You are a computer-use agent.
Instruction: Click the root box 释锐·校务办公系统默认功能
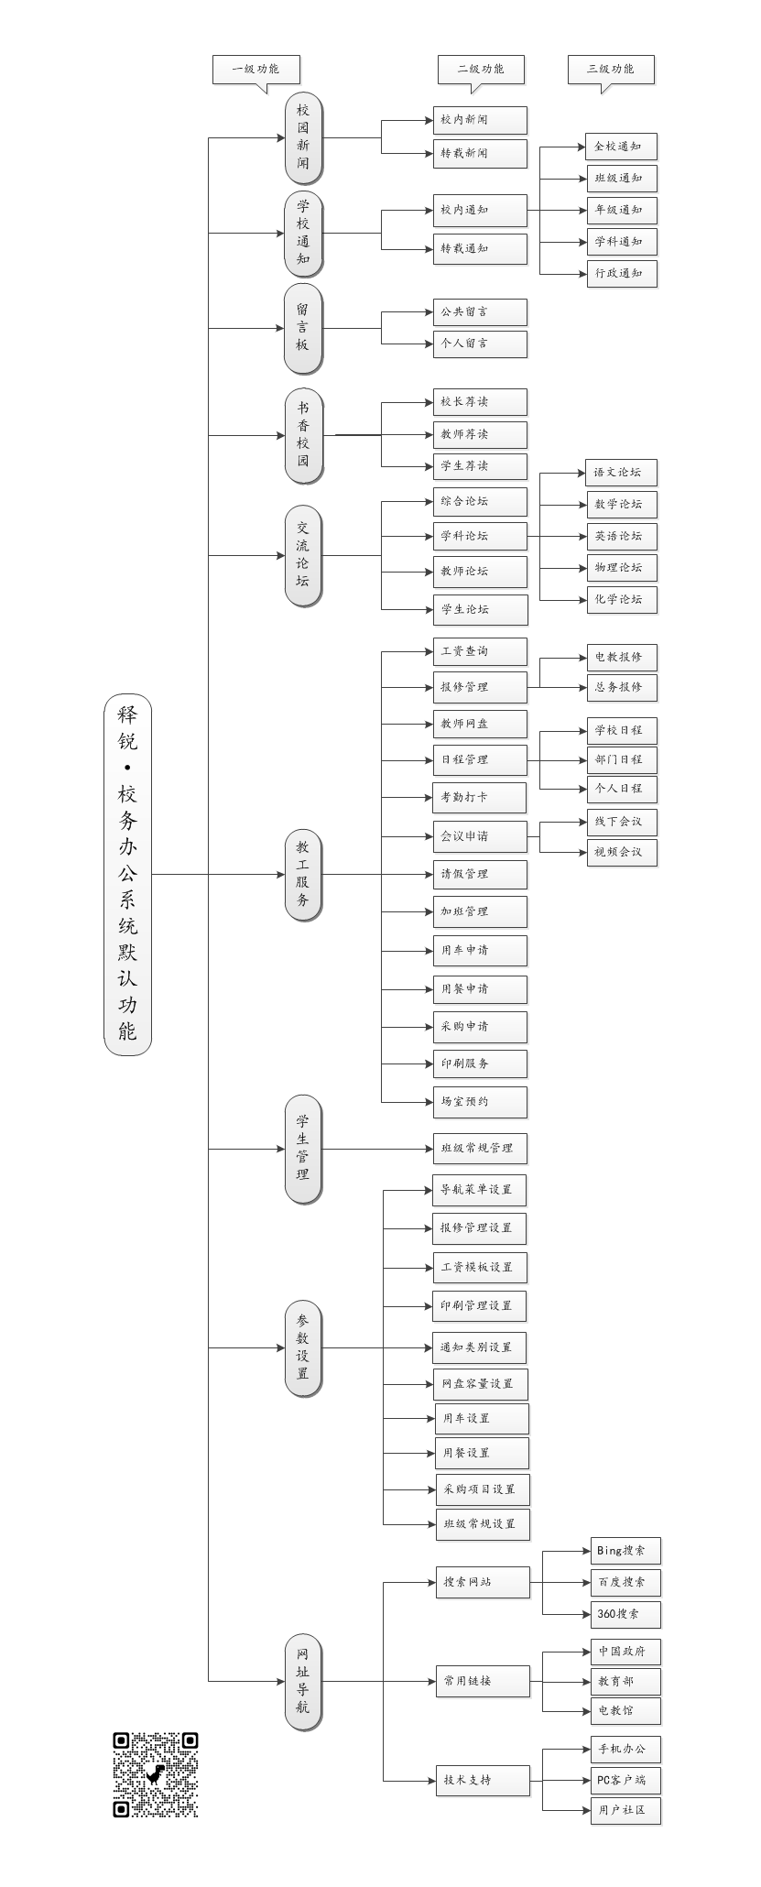coord(127,874)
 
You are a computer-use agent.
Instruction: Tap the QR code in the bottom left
coord(155,1774)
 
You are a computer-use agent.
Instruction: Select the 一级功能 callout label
coord(256,69)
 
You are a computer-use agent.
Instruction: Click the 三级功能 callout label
coord(611,69)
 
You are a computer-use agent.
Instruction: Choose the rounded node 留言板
coord(302,327)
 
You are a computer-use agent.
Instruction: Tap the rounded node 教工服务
coord(302,874)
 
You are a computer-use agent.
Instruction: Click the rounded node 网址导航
coord(302,1681)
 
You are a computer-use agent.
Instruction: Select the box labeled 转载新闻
coord(480,153)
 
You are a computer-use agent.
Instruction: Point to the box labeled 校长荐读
coord(480,401)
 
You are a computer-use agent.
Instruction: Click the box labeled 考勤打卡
coord(480,797)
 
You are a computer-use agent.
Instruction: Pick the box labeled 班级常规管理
coord(480,1148)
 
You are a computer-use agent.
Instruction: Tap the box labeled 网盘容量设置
coord(480,1383)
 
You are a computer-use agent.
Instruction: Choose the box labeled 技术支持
coord(483,1780)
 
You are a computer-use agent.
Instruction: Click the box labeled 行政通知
coord(622,273)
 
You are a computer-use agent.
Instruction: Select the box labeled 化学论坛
coord(622,599)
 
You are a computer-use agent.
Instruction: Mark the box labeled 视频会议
coord(622,852)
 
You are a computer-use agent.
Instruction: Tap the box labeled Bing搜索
coord(625,1551)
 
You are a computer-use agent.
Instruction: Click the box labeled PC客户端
coord(625,1780)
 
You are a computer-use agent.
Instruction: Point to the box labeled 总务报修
coord(622,687)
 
